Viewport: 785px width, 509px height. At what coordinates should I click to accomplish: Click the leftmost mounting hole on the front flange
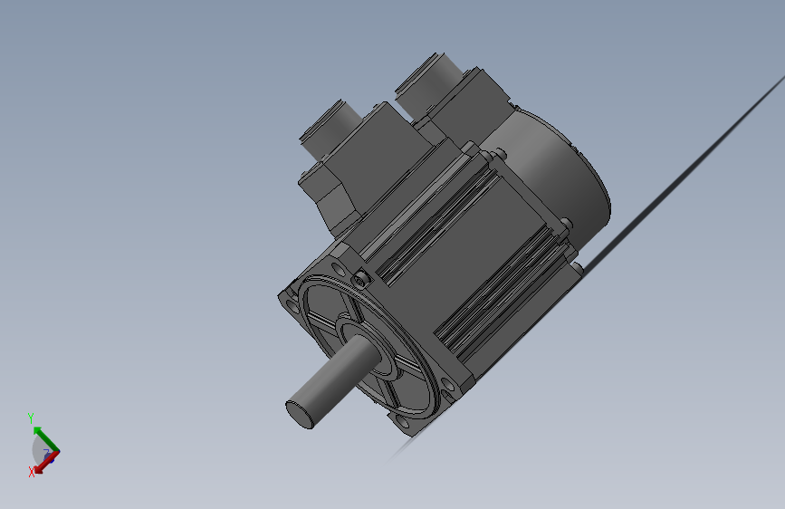292,305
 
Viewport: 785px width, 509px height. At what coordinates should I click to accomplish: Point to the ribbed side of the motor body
471,263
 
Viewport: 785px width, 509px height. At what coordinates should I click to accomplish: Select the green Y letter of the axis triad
31,418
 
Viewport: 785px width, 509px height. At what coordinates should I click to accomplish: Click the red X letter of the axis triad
31,472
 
